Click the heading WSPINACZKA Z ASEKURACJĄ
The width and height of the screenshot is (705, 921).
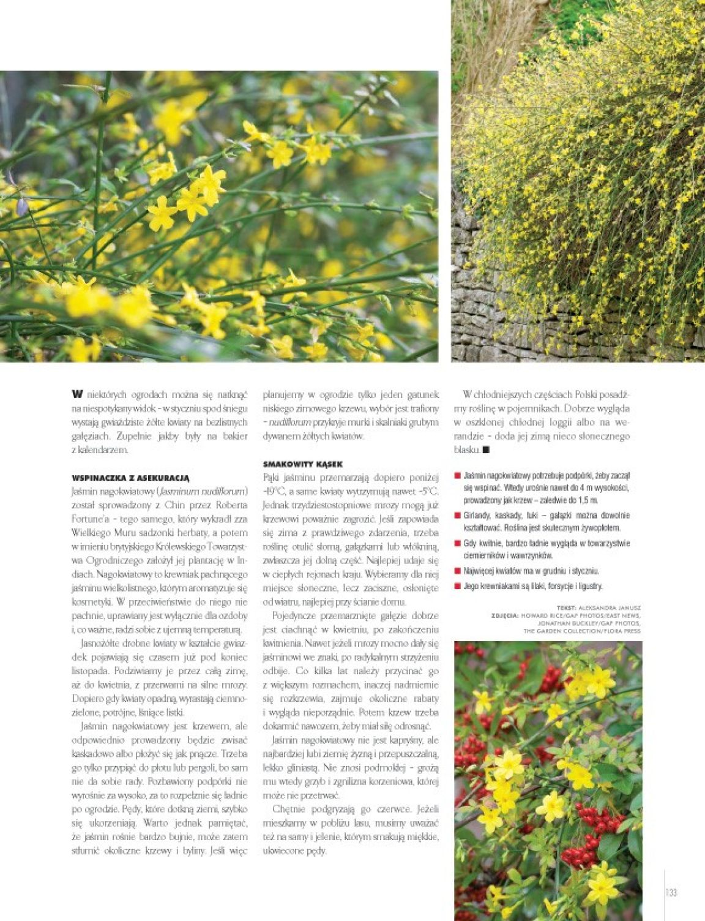pyautogui.click(x=130, y=477)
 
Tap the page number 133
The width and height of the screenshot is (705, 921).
pyautogui.click(x=671, y=892)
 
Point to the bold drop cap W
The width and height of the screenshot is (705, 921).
pyautogui.click(x=77, y=394)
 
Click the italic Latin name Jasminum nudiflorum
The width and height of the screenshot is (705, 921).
pyautogui.click(x=203, y=491)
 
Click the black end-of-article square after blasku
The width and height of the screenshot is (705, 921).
pyautogui.click(x=486, y=450)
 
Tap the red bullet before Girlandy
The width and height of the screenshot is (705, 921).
pyautogui.click(x=457, y=516)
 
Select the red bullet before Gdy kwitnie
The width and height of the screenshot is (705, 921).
pyautogui.click(x=457, y=543)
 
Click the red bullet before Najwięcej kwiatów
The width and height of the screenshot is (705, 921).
pyautogui.click(x=457, y=571)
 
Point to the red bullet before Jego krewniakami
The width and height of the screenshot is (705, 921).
pyautogui.click(x=457, y=586)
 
